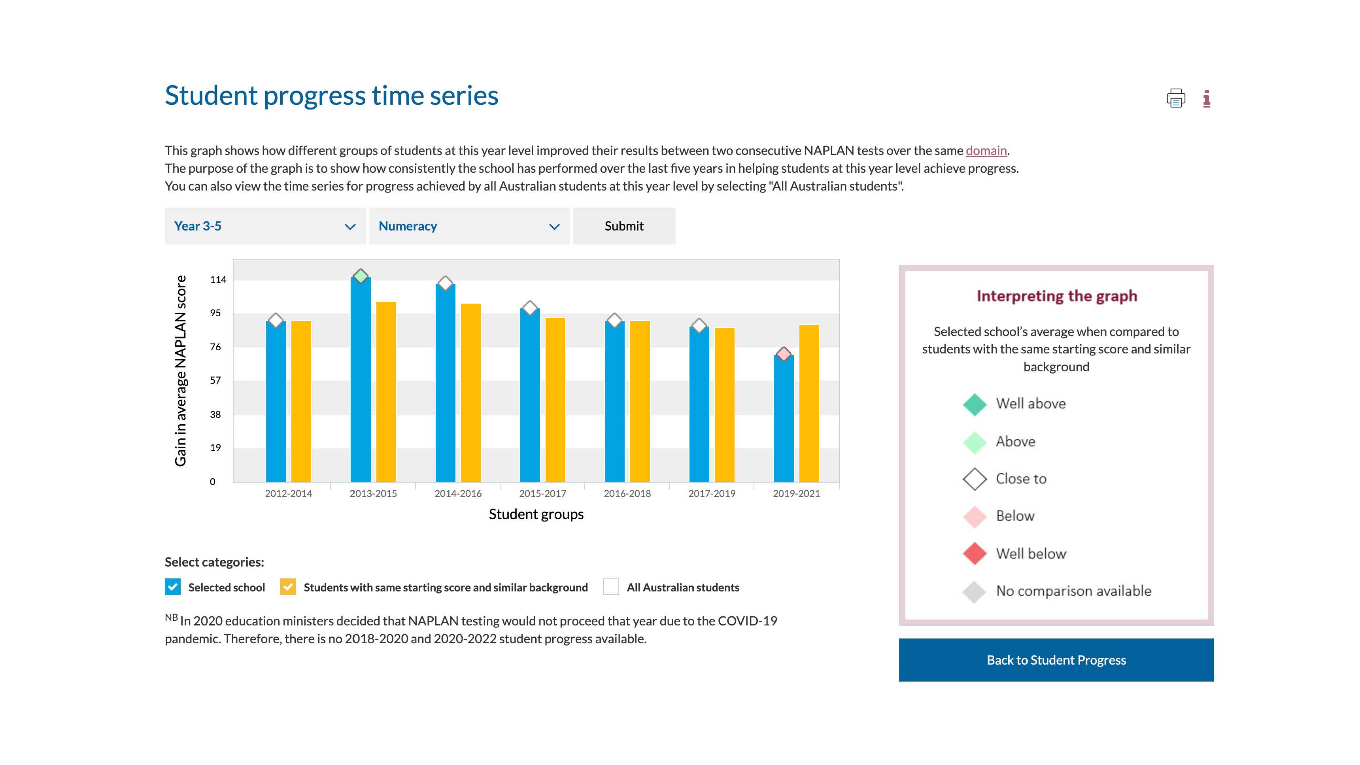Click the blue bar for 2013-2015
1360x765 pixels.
[360, 380]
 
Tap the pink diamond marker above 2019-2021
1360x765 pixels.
[784, 354]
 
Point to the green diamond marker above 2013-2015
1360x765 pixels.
[361, 276]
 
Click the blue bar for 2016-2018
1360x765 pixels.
[614, 401]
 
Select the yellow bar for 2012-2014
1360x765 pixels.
[301, 401]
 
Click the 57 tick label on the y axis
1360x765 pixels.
[215, 380]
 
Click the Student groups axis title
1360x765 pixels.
[536, 514]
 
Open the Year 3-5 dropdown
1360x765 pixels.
[265, 226]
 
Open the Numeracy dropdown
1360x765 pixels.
[469, 226]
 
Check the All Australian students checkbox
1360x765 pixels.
[611, 587]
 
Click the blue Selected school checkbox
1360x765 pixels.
[173, 587]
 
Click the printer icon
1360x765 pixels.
[1176, 98]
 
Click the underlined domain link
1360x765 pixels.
[986, 151]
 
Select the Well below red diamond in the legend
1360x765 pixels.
[975, 553]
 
